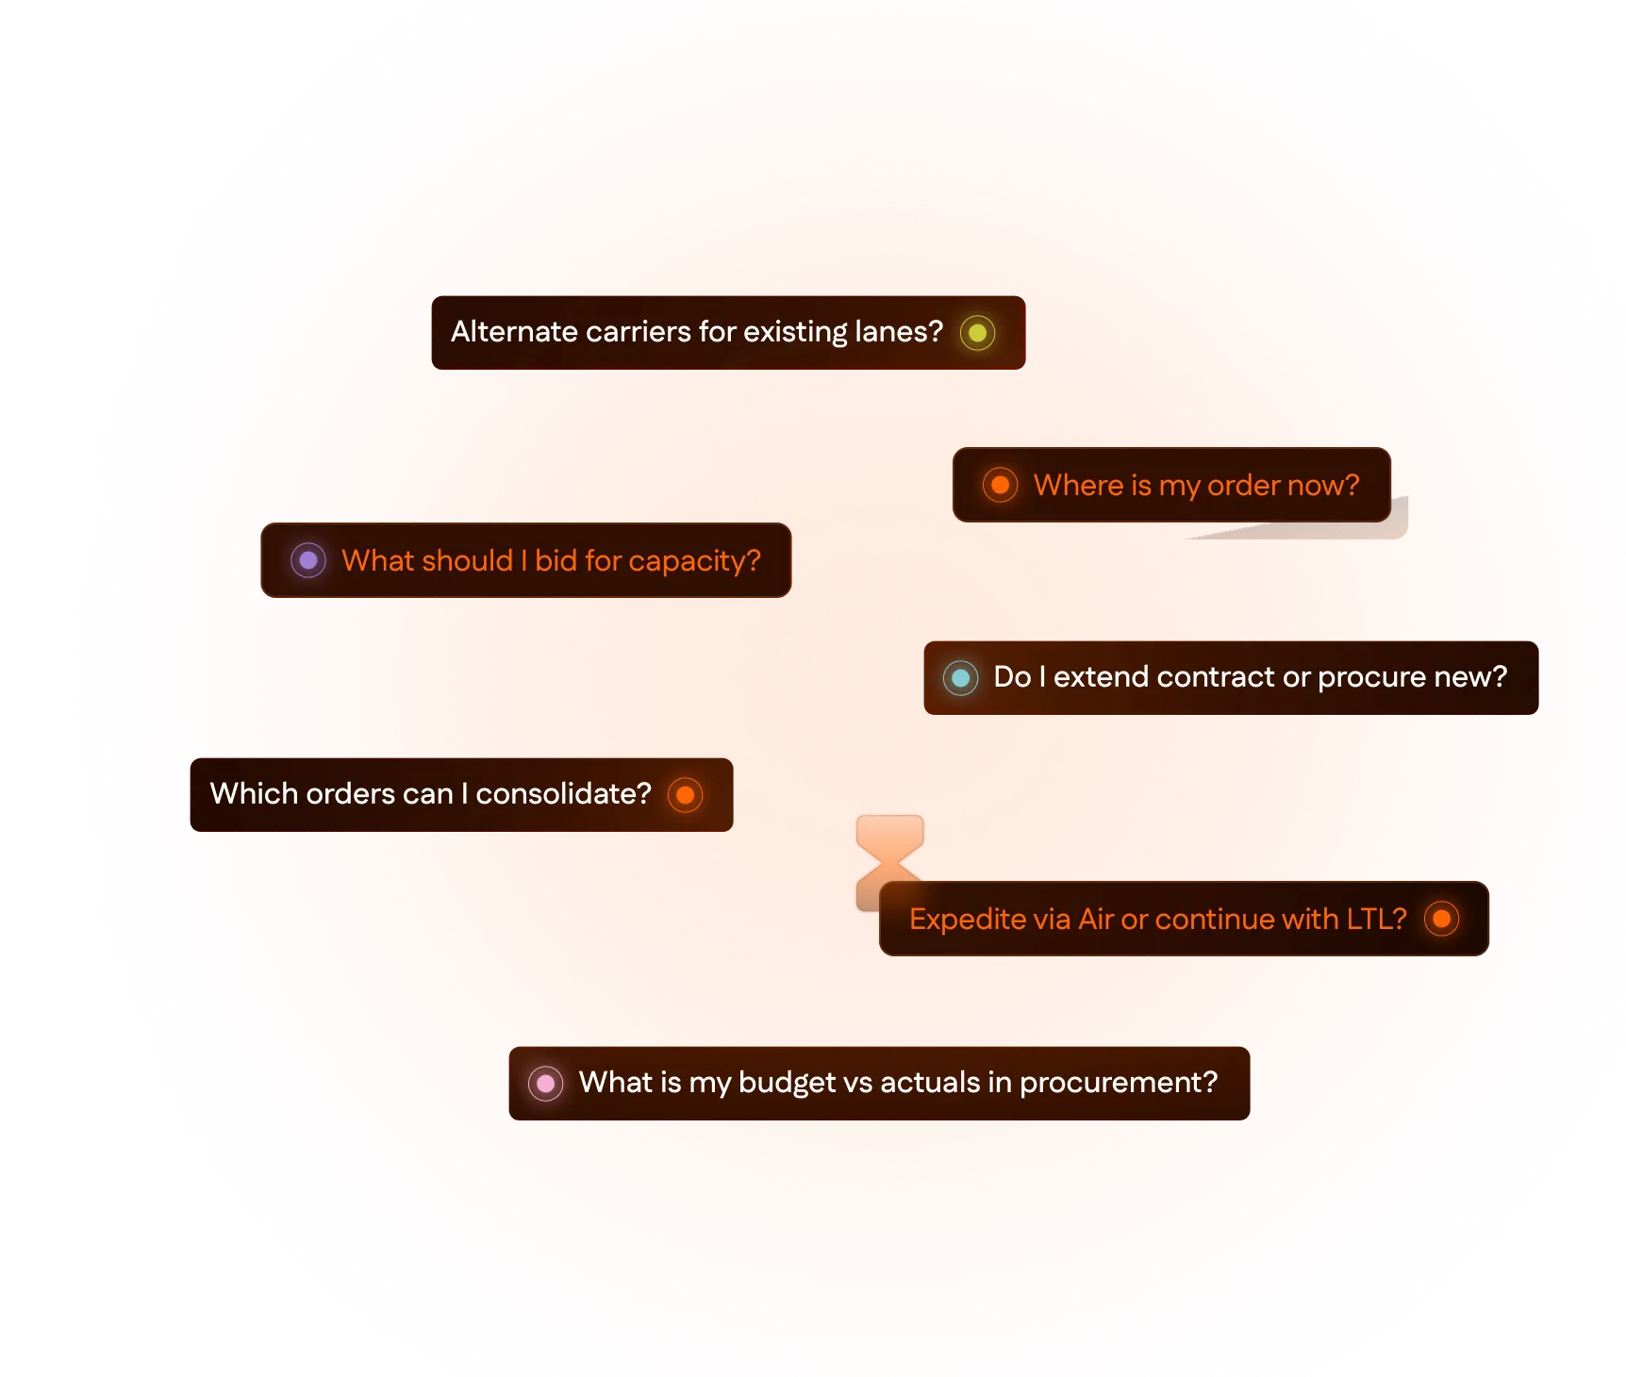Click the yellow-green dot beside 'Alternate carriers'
point(977,333)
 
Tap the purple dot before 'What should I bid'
point(307,560)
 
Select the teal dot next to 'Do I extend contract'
point(960,677)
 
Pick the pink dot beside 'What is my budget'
point(545,1083)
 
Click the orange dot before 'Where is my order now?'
point(1000,485)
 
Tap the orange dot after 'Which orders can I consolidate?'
point(686,795)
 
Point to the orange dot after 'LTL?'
point(1441,919)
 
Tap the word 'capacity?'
point(694,561)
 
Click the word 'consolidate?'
point(563,794)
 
